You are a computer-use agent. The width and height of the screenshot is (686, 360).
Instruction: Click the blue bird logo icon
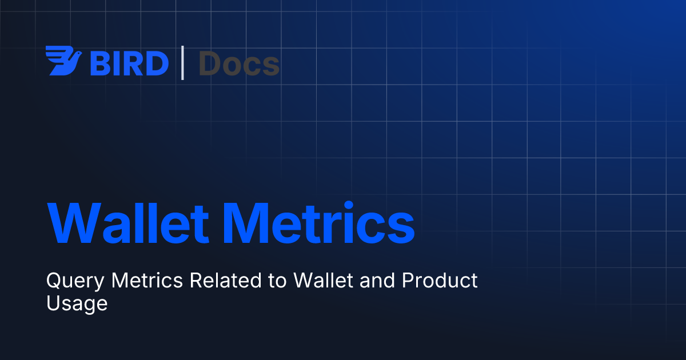[63, 61]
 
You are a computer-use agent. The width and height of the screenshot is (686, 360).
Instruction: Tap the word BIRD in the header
[129, 63]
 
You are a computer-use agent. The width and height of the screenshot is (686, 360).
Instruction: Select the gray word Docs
[239, 63]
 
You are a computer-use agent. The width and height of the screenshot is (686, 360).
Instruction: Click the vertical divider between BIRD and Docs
[182, 63]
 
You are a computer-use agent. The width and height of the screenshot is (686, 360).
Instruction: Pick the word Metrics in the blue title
[319, 222]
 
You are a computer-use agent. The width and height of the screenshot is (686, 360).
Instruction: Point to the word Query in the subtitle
[75, 281]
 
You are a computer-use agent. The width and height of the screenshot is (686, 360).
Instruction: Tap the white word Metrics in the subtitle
[147, 280]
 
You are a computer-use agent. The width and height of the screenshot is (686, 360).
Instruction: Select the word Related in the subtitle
[226, 280]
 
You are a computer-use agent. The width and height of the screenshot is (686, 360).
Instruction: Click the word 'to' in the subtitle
[277, 281]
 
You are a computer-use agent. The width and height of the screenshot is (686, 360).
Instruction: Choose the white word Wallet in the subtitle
[323, 280]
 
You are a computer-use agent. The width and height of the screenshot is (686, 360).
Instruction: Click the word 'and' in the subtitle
[377, 280]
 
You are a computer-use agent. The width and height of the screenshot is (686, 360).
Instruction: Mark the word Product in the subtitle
[440, 280]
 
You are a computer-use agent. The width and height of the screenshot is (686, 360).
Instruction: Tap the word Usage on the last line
[77, 304]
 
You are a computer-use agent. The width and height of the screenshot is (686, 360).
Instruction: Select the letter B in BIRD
[99, 63]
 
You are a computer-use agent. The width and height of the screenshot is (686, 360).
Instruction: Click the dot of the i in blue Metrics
[349, 205]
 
